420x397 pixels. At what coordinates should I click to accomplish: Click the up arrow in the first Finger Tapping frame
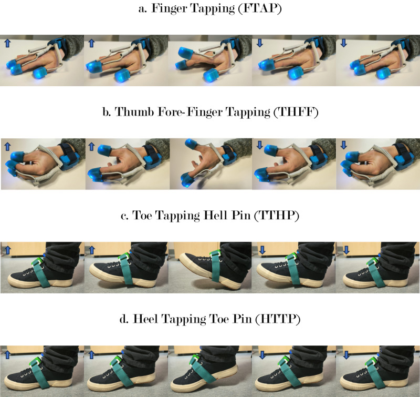click(7, 43)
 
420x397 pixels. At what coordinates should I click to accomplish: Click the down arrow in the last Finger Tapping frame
click(344, 43)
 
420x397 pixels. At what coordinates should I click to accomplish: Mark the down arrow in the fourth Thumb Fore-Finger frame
click(259, 145)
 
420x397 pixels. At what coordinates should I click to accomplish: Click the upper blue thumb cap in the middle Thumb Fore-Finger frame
click(191, 144)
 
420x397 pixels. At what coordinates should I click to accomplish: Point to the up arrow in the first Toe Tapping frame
click(8, 250)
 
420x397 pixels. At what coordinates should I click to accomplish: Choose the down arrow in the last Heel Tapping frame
click(346, 355)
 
